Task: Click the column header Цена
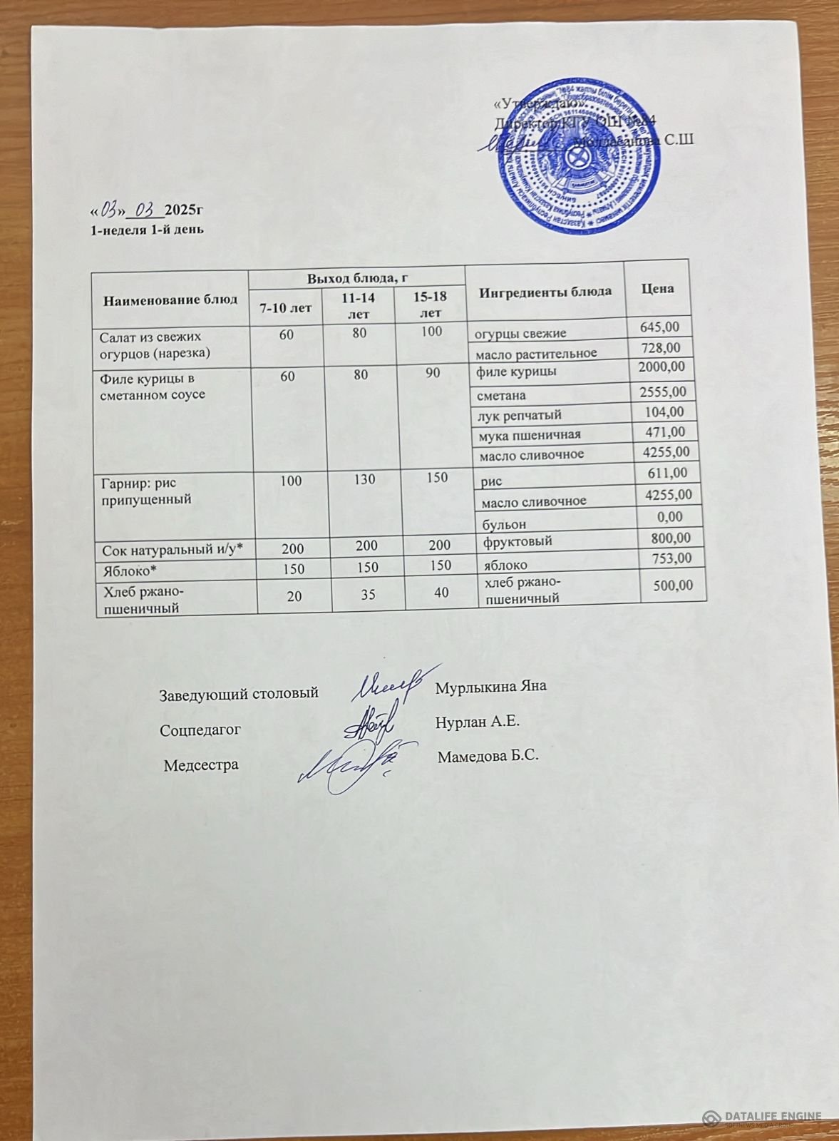(657, 288)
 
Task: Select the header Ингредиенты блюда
(545, 292)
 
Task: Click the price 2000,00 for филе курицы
(662, 367)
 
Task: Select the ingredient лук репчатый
(520, 415)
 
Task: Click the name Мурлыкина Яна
(490, 687)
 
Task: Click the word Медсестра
(201, 765)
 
